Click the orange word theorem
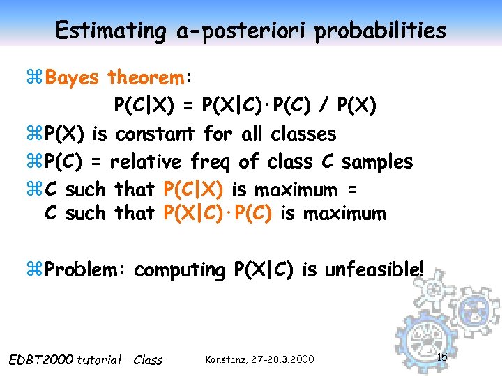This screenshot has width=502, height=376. [x=151, y=77]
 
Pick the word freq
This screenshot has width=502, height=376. [x=209, y=162]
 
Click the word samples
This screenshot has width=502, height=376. [x=376, y=162]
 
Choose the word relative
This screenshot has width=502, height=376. [x=143, y=162]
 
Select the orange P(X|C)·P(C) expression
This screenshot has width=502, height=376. [x=218, y=214]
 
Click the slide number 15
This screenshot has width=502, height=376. [x=442, y=357]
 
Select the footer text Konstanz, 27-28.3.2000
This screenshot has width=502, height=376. [x=260, y=359]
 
